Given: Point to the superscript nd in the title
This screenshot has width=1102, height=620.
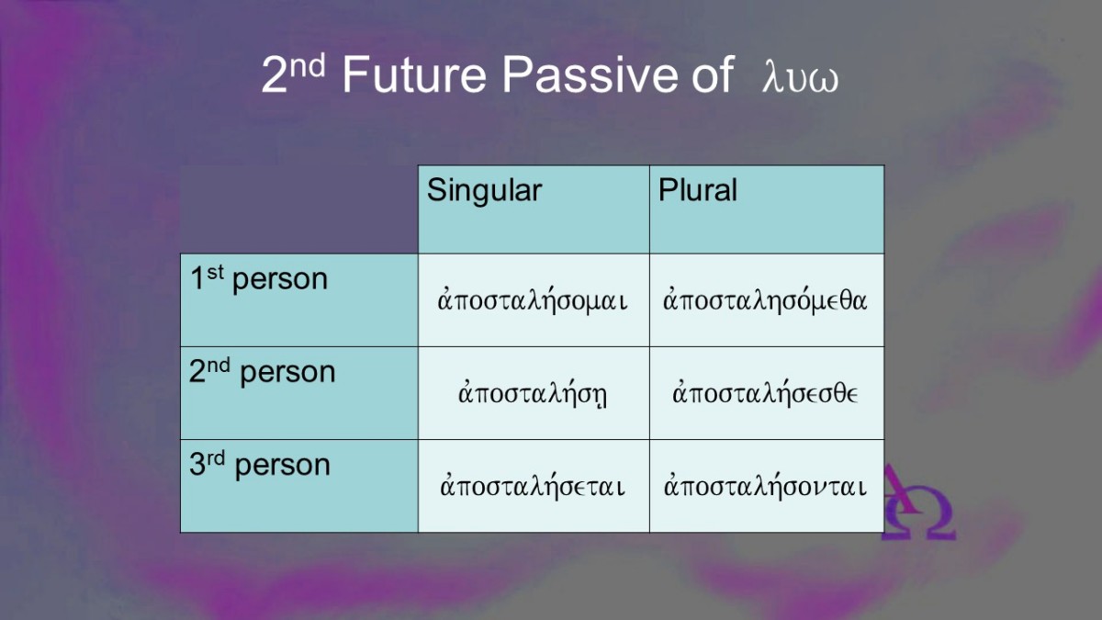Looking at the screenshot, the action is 307,65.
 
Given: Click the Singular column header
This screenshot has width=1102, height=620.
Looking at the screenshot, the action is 484,190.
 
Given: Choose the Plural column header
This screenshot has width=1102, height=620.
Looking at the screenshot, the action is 698,189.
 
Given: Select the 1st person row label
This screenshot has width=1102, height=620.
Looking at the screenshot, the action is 259,279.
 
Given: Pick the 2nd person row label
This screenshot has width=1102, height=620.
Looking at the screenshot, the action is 263,371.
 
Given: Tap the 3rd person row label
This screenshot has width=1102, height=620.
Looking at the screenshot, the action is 260,465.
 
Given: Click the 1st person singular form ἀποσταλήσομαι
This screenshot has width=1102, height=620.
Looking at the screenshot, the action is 533,300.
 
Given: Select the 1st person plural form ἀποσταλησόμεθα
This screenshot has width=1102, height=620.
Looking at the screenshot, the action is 765,300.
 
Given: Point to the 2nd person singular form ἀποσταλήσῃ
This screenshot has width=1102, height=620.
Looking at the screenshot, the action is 533,394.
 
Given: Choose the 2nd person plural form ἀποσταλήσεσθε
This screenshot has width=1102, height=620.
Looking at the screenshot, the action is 765,394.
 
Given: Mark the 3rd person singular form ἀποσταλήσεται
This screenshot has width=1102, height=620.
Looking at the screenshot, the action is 533,486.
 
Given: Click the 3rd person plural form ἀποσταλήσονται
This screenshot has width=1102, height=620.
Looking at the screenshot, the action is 765,486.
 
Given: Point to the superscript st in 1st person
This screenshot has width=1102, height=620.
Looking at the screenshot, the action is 216,272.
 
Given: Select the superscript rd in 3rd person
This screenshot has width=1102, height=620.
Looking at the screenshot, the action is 216,457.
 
